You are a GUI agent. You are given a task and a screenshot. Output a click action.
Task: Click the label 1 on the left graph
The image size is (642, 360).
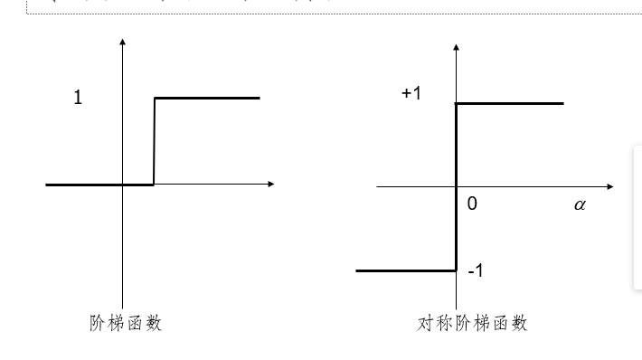[x=78, y=99]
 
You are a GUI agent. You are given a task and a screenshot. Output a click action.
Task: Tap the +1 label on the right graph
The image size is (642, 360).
[x=411, y=94]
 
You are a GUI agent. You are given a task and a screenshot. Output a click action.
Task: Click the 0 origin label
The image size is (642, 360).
[x=472, y=204]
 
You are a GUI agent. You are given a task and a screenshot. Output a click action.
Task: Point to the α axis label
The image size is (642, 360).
[x=580, y=204]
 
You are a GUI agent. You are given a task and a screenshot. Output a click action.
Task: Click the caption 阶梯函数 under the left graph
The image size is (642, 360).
[x=126, y=322]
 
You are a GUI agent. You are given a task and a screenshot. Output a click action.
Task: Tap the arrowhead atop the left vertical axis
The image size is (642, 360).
[x=122, y=42]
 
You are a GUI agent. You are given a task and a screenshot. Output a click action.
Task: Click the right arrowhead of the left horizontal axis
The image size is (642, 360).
[x=270, y=185]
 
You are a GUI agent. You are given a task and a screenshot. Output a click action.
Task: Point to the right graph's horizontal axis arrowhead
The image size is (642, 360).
[x=609, y=186]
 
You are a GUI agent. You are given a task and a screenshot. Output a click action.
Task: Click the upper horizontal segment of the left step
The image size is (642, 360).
[x=207, y=98]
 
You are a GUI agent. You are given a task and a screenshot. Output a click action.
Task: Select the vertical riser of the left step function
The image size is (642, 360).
[x=154, y=141]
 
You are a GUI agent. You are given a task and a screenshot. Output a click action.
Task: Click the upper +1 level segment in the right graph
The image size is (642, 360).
[x=510, y=103]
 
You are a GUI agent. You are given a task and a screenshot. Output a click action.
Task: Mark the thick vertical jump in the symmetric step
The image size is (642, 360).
[x=456, y=186]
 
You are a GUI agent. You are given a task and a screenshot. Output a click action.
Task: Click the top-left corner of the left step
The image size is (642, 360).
[x=155, y=98]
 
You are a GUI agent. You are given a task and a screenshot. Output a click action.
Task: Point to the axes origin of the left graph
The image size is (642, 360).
[x=122, y=185]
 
